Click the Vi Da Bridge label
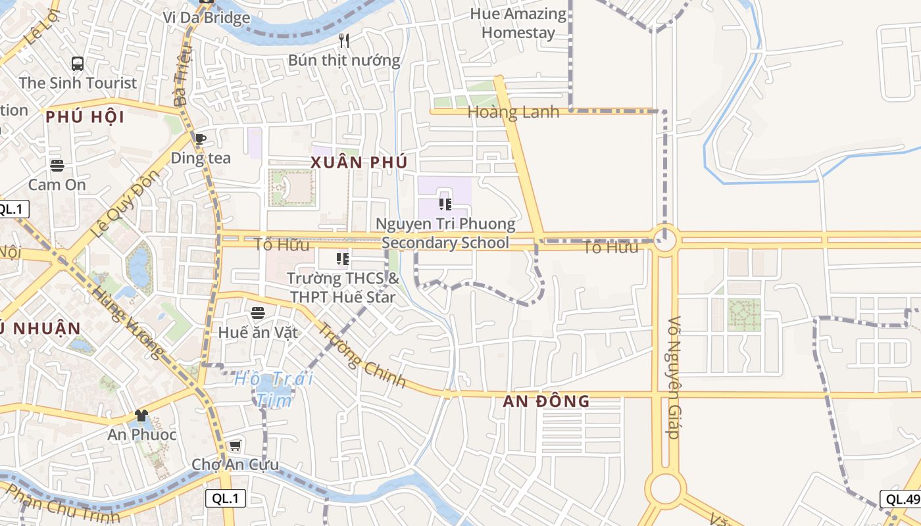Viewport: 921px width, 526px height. point(207,17)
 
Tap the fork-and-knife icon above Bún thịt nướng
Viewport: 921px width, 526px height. point(344,41)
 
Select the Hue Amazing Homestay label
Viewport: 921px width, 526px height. point(518,23)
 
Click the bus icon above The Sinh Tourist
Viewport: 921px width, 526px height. point(78,64)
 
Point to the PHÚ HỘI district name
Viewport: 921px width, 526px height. point(85,117)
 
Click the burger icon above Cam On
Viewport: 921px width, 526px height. point(57,165)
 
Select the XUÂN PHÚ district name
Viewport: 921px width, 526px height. point(359,162)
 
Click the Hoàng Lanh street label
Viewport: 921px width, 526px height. point(513,112)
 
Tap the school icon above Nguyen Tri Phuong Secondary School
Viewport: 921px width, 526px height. point(445,204)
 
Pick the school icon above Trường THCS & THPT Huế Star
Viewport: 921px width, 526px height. point(342,259)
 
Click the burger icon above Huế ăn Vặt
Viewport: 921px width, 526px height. point(258,313)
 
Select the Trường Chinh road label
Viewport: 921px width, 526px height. point(362,356)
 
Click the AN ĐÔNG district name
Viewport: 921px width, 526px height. point(546,401)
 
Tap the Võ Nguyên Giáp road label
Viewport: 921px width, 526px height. point(673,387)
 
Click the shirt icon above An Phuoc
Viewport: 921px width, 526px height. point(141,416)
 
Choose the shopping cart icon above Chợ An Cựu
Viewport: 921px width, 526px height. point(235,446)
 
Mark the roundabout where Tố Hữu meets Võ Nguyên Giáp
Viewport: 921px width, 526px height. point(665,239)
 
